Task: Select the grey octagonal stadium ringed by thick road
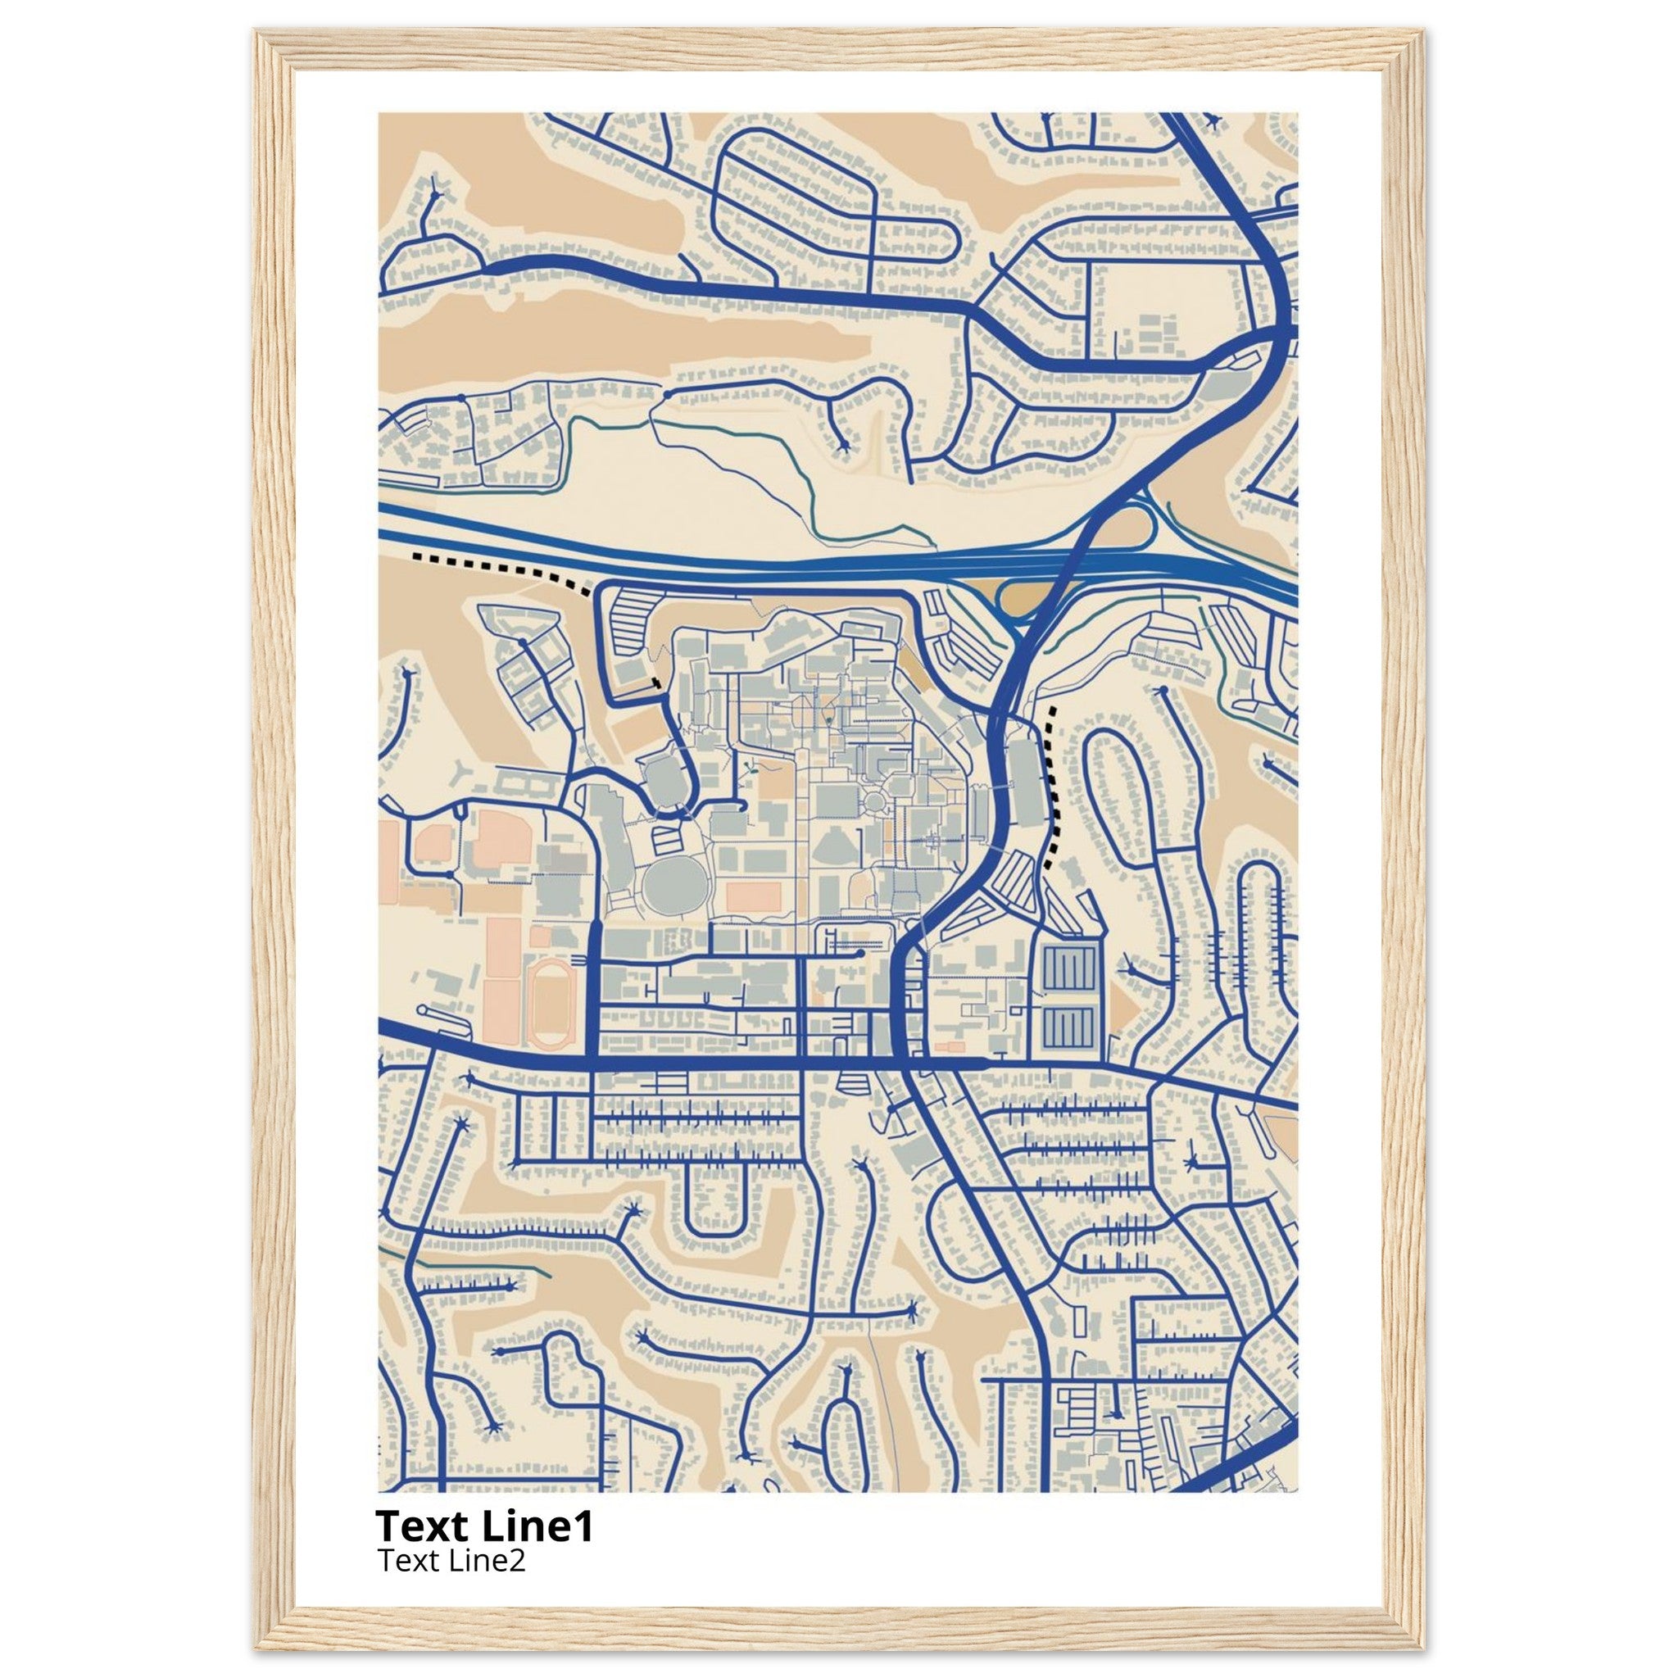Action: click(x=664, y=775)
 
